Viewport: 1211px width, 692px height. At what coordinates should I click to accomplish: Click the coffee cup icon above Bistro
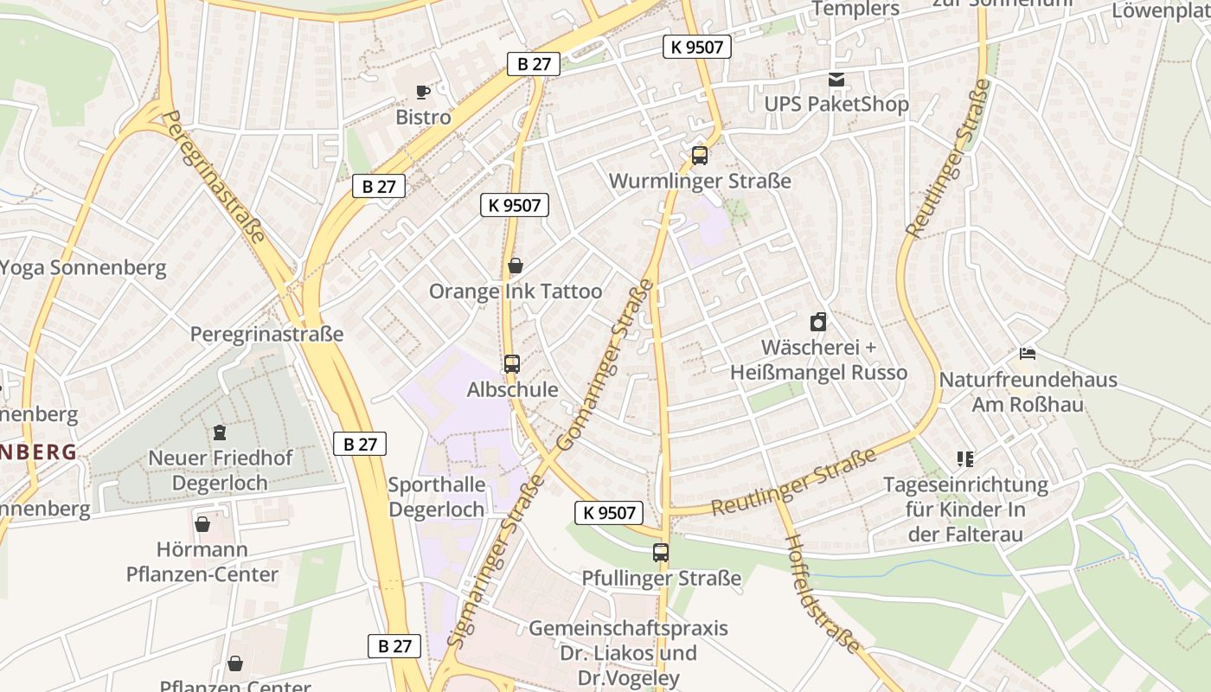pos(422,91)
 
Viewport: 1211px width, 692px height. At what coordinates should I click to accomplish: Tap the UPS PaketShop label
pos(836,105)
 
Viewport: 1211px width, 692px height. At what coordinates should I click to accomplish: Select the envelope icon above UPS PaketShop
pos(836,80)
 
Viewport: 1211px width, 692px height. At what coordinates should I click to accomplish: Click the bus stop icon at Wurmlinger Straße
pos(700,156)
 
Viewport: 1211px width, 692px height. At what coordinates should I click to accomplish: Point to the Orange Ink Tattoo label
pos(516,292)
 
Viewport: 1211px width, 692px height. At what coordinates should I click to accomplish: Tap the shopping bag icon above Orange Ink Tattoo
pos(516,266)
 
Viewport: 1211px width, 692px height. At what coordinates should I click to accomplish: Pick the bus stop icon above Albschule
pos(512,363)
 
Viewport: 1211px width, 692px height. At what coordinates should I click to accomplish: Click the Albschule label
pos(512,390)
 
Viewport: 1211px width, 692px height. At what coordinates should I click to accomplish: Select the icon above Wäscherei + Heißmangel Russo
pos(818,323)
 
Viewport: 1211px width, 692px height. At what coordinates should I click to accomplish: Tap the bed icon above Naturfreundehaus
pos(1028,354)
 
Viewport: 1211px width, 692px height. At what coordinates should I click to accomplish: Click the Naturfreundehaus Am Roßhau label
pos(1028,392)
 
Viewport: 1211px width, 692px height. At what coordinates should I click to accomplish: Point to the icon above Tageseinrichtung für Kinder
pos(965,459)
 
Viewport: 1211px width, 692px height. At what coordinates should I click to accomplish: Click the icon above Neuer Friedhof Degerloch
pos(220,432)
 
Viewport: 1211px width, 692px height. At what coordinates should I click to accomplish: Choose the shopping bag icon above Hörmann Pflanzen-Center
pos(202,523)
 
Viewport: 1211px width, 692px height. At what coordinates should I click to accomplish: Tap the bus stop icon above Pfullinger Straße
pos(661,552)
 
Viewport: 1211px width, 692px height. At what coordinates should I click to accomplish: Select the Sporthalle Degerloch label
pos(437,497)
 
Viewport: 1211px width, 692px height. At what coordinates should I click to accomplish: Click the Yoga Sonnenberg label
pos(83,267)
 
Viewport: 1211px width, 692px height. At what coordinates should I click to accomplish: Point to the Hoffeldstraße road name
pos(823,593)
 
